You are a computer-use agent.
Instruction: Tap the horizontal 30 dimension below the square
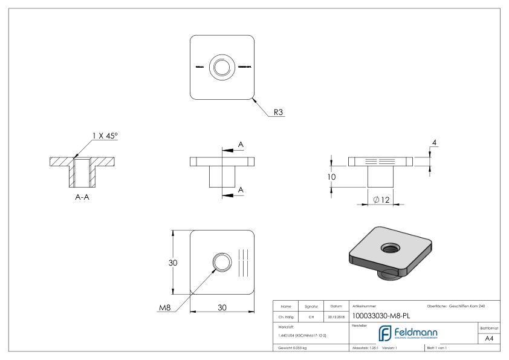click(222, 308)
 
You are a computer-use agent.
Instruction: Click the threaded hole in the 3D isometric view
click(387, 247)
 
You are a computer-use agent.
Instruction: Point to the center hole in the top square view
click(222, 66)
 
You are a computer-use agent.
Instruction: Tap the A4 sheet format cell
click(490, 339)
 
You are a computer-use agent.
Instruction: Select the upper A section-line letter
click(241, 145)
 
